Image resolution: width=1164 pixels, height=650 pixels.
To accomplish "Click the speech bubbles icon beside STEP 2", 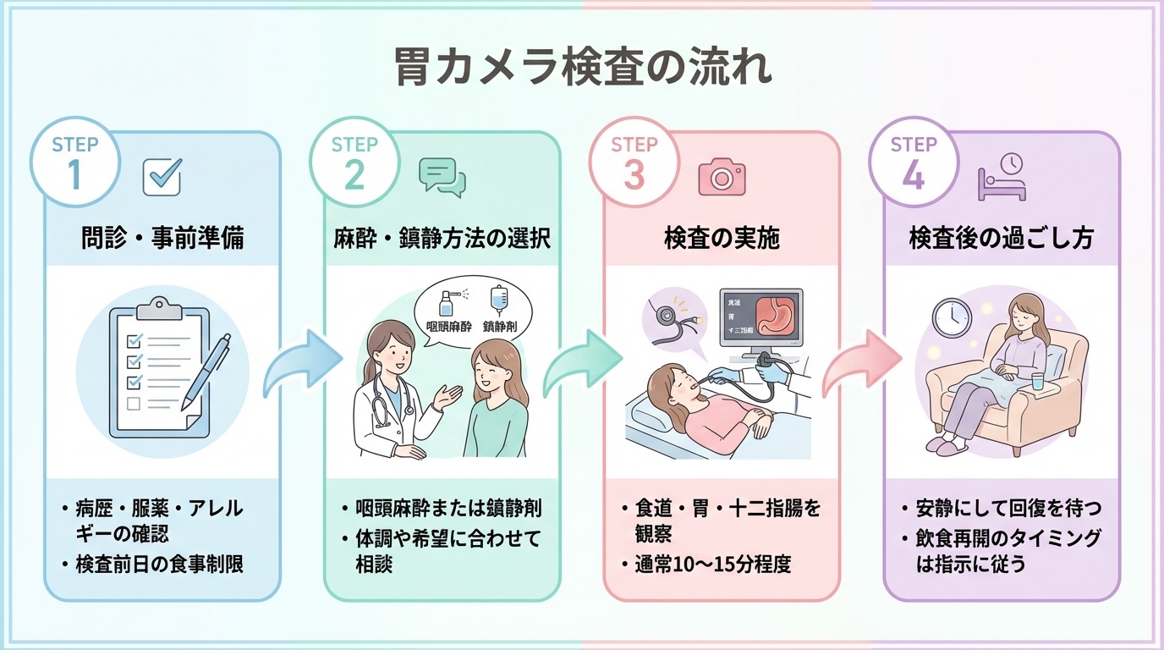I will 442,175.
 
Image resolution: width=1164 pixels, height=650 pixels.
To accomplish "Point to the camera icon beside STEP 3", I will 721,175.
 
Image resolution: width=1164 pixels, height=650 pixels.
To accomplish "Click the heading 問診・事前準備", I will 162,239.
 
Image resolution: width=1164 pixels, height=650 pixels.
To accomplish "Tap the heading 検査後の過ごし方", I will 1001,239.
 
